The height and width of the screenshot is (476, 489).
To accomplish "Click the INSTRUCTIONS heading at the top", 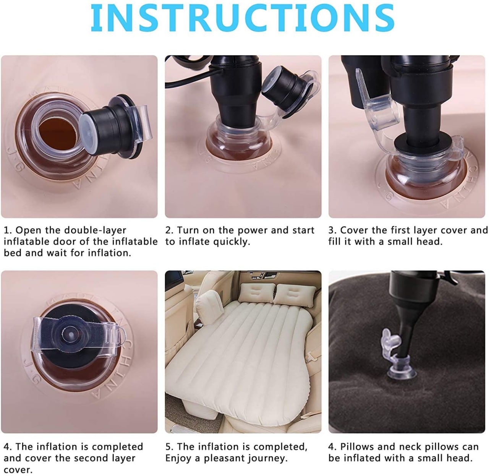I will [x=242, y=18].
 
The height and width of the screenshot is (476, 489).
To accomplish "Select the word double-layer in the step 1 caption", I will [x=95, y=230].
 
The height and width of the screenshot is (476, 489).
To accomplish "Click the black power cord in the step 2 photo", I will [x=183, y=82].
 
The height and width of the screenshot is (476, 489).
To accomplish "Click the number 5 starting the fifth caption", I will [x=168, y=447].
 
